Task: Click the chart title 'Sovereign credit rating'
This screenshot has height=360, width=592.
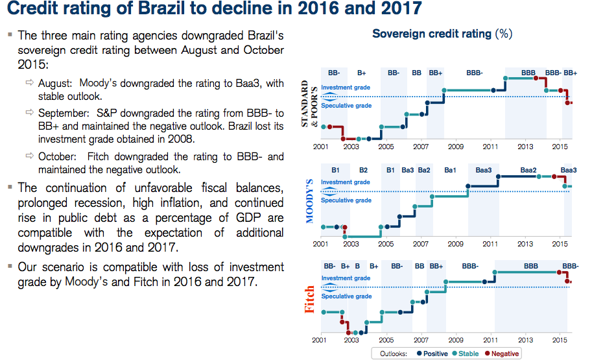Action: pyautogui.click(x=432, y=34)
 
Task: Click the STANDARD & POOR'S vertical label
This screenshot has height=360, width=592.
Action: pyautogui.click(x=309, y=104)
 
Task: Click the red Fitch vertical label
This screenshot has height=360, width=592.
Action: pyautogui.click(x=309, y=299)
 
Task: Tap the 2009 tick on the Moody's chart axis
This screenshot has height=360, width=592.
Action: pyautogui.click(x=455, y=245)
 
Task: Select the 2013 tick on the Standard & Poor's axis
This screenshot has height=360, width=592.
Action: pyautogui.click(x=525, y=147)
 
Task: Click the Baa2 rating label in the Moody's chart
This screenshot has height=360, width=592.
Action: pyautogui.click(x=528, y=170)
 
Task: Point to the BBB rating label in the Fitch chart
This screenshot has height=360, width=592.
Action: pyautogui.click(x=531, y=266)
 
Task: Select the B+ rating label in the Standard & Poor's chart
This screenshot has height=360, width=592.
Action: pyautogui.click(x=361, y=73)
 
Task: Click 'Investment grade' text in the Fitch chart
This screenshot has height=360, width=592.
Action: pyautogui.click(x=345, y=278)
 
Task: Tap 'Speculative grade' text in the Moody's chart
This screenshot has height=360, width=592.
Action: pyautogui.click(x=346, y=200)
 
